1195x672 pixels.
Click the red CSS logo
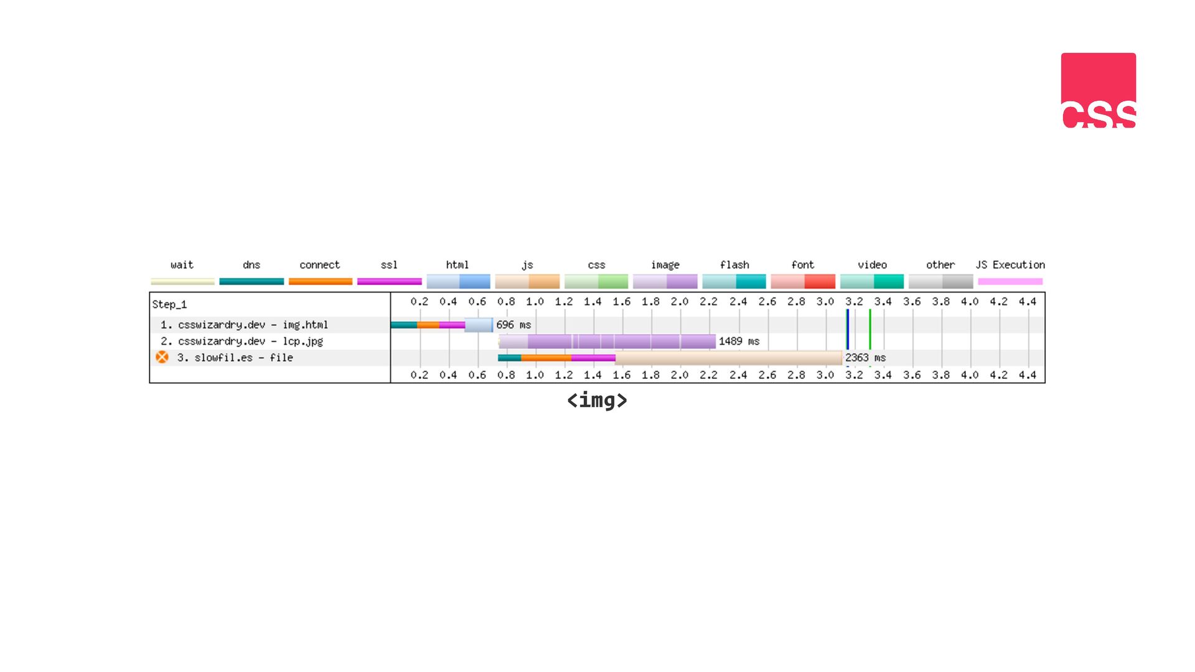(1099, 90)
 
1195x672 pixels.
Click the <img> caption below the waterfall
(597, 400)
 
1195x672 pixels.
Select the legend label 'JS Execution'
(1010, 265)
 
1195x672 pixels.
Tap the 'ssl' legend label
(389, 265)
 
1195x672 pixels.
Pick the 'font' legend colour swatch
(803, 281)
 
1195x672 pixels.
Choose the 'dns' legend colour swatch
(251, 281)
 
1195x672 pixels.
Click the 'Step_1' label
(169, 304)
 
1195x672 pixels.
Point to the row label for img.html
(244, 325)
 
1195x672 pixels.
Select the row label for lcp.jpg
(241, 341)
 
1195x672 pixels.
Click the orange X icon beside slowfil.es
(162, 357)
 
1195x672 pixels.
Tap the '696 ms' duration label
(513, 325)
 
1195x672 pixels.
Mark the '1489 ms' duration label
(739, 341)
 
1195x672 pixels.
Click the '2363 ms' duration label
(865, 358)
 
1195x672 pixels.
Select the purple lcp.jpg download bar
(607, 341)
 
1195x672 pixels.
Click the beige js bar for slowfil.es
(728, 358)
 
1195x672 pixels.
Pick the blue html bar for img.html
(479, 325)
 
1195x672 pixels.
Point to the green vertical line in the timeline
(870, 330)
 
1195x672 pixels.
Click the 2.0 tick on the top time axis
(680, 302)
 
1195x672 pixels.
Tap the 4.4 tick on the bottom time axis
(1028, 375)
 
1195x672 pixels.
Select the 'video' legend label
(872, 265)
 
